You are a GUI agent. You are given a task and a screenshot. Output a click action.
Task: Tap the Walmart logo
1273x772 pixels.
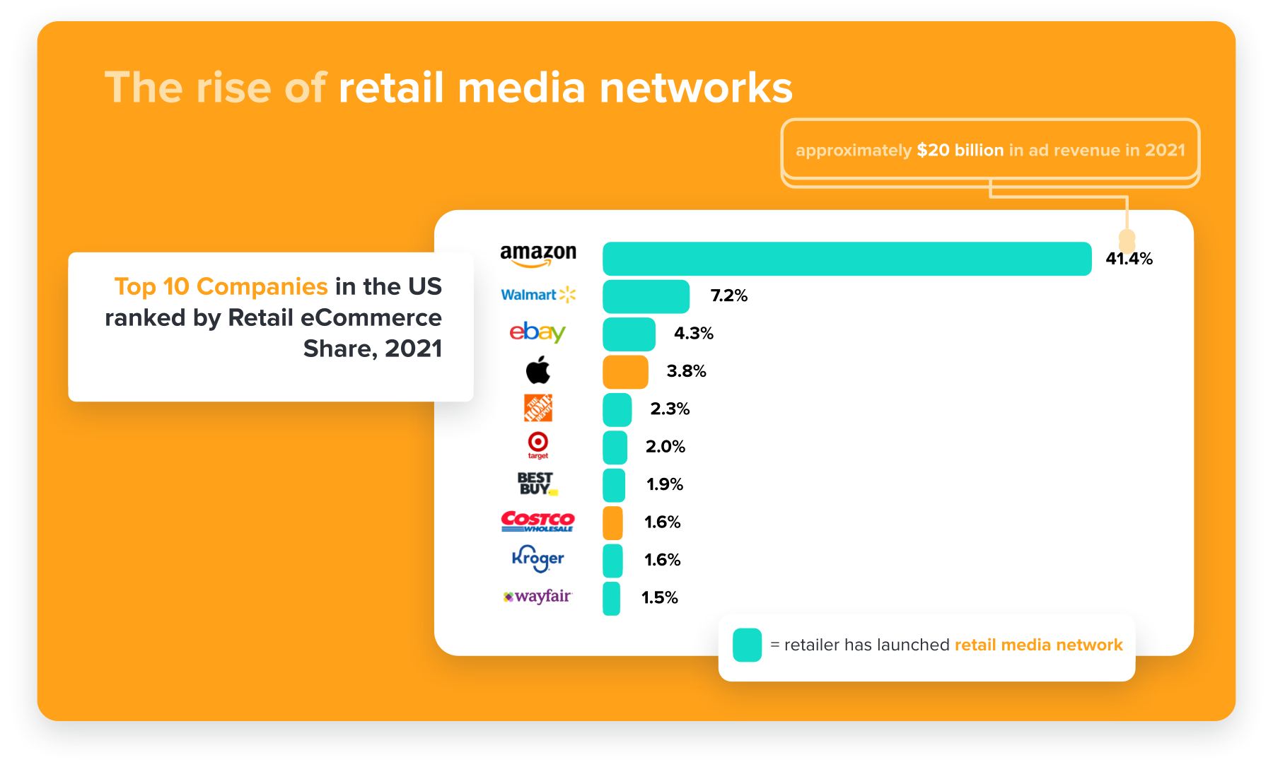pos(538,295)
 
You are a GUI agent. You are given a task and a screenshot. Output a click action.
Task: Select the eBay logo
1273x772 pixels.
pos(537,332)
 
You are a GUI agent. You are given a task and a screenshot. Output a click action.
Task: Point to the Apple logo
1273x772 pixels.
pos(538,370)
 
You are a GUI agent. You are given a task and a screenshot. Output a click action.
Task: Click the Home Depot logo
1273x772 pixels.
pos(538,408)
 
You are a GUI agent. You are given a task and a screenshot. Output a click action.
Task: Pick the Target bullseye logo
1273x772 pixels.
pos(538,444)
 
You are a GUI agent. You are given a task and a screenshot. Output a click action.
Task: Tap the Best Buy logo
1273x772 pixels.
pos(537,484)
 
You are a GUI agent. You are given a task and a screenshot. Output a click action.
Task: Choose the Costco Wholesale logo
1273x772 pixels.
pos(537,522)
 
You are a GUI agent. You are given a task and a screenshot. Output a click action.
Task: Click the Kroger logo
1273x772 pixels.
pos(537,558)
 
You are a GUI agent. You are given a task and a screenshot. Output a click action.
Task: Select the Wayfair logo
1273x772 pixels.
pos(537,597)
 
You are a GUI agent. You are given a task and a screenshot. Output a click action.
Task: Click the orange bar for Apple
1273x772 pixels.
pos(625,372)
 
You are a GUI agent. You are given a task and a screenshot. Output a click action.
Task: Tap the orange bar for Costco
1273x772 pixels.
pos(612,523)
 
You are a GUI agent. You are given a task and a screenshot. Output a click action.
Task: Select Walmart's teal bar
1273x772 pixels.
pos(646,296)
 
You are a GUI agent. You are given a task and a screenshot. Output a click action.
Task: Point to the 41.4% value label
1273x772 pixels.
pos(1129,259)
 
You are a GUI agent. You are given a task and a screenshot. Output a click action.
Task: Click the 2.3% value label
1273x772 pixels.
pos(670,409)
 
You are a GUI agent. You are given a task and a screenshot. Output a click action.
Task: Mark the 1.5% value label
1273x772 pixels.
pos(659,597)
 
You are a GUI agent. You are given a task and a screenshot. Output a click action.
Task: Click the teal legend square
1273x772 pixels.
pos(747,645)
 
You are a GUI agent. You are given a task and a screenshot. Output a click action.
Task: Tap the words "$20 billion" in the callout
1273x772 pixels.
pos(960,151)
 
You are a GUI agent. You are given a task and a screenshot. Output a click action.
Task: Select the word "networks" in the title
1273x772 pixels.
pos(696,88)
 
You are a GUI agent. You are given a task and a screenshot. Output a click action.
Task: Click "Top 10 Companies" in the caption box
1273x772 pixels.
pos(221,286)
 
